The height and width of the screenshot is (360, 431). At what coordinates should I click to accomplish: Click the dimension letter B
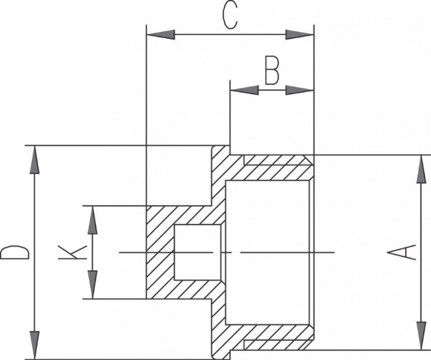(272, 70)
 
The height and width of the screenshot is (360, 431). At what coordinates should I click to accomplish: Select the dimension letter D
(14, 252)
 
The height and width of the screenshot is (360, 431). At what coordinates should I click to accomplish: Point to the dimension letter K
(73, 252)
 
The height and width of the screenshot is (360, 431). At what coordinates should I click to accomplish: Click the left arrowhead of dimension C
(161, 34)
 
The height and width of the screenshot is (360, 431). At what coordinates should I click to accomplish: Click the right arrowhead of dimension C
(300, 34)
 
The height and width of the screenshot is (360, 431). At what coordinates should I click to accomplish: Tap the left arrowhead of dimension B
(244, 90)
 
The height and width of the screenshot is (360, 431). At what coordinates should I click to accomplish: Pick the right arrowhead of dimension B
(300, 90)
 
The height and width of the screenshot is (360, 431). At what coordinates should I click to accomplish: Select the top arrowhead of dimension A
(421, 169)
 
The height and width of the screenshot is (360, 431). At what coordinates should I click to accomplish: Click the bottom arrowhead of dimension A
(421, 336)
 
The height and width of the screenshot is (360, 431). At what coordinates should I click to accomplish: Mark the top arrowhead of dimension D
(34, 159)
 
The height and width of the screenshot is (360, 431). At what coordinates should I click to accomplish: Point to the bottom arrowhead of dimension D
(34, 345)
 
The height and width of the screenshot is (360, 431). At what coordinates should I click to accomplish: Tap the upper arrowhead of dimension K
(92, 220)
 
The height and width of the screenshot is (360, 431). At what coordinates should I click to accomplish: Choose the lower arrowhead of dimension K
(92, 284)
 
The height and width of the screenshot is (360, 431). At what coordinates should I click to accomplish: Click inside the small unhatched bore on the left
(198, 252)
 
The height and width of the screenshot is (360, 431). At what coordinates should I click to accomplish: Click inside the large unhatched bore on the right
(267, 252)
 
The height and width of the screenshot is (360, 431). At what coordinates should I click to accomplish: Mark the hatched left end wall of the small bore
(160, 252)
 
